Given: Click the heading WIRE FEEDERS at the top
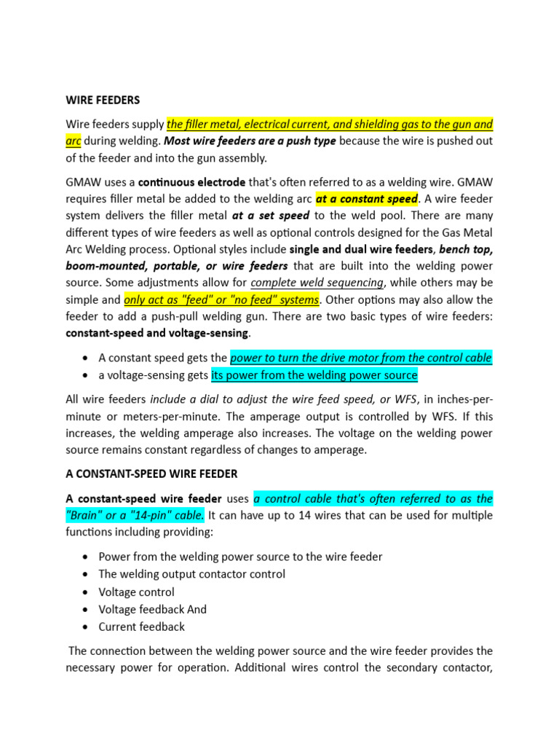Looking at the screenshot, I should pyautogui.click(x=103, y=99).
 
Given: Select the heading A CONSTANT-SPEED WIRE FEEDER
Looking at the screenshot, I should pyautogui.click(x=151, y=474).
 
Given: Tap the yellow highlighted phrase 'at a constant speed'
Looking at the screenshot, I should pyautogui.click(x=367, y=199).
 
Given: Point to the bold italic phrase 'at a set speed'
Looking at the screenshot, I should pyautogui.click(x=270, y=216).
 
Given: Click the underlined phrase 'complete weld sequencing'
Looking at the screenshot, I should pyautogui.click(x=317, y=283).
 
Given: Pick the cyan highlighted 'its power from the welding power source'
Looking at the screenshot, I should pyautogui.click(x=314, y=375).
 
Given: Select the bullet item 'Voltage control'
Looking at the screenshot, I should pyautogui.click(x=136, y=592).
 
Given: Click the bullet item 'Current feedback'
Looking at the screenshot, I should pyautogui.click(x=141, y=627).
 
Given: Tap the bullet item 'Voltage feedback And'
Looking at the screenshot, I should pyautogui.click(x=152, y=609).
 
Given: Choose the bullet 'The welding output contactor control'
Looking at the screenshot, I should pyautogui.click(x=191, y=574).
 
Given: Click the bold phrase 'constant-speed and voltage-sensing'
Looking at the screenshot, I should pyautogui.click(x=157, y=333).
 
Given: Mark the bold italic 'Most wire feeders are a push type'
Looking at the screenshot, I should pyautogui.click(x=250, y=141).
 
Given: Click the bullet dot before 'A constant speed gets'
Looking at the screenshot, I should pyautogui.click(x=87, y=358).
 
